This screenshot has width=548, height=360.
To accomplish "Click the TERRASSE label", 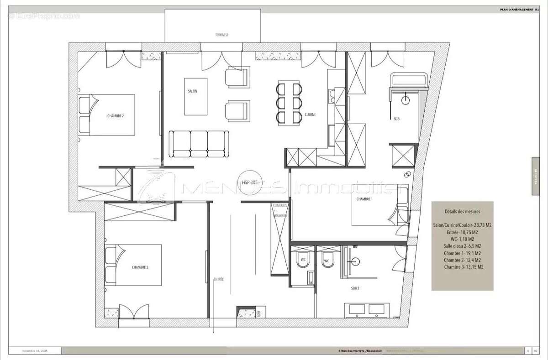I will point(222,35).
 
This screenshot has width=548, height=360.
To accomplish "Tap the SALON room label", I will point(192,92).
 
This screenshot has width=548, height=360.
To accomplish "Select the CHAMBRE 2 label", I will point(116,116).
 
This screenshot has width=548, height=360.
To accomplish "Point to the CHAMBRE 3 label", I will point(140,267).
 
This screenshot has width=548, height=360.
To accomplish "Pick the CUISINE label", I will point(311,115).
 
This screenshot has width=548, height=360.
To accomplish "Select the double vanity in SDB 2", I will point(369,309).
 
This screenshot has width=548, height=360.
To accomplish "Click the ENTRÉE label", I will point(218,279).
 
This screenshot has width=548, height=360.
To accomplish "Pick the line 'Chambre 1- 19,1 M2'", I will point(462,253).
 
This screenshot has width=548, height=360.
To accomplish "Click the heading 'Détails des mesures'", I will point(462,212).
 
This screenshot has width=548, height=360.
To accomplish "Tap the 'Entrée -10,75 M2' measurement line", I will point(462,232).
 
